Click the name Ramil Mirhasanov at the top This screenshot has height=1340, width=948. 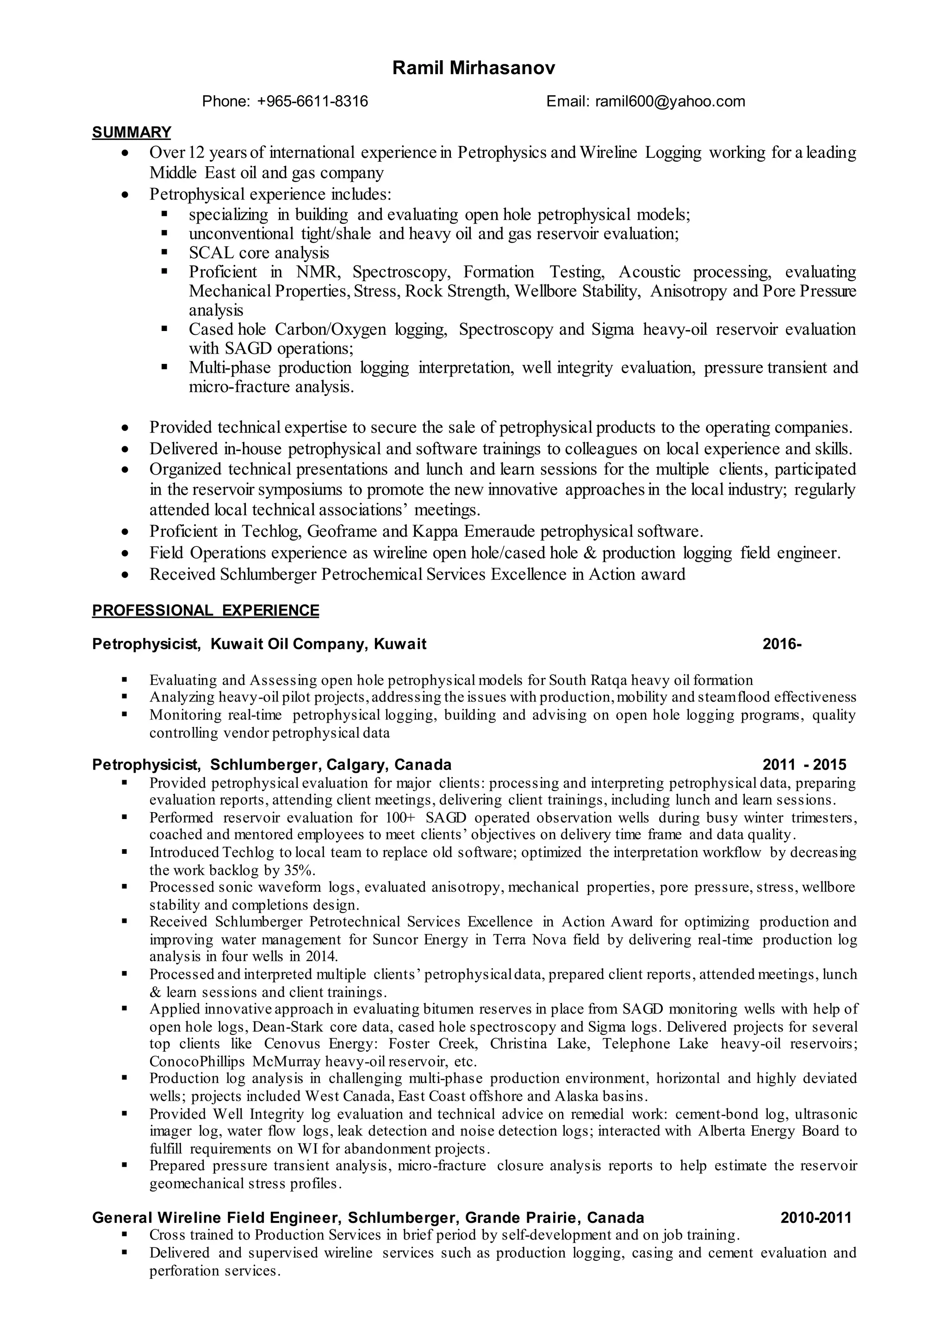pyautogui.click(x=474, y=69)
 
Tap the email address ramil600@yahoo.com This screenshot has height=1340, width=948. pyautogui.click(x=669, y=101)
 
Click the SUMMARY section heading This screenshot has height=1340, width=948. pyautogui.click(x=131, y=132)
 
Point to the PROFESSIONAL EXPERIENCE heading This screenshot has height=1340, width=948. pyautogui.click(x=206, y=611)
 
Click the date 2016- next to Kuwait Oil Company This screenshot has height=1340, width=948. pyautogui.click(x=782, y=644)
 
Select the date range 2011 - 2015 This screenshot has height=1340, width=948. pyautogui.click(x=804, y=765)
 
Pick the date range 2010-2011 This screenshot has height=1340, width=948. pyautogui.click(x=816, y=1217)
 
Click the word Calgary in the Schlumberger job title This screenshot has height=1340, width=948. pyautogui.click(x=357, y=765)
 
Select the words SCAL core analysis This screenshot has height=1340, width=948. pyautogui.click(x=259, y=253)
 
